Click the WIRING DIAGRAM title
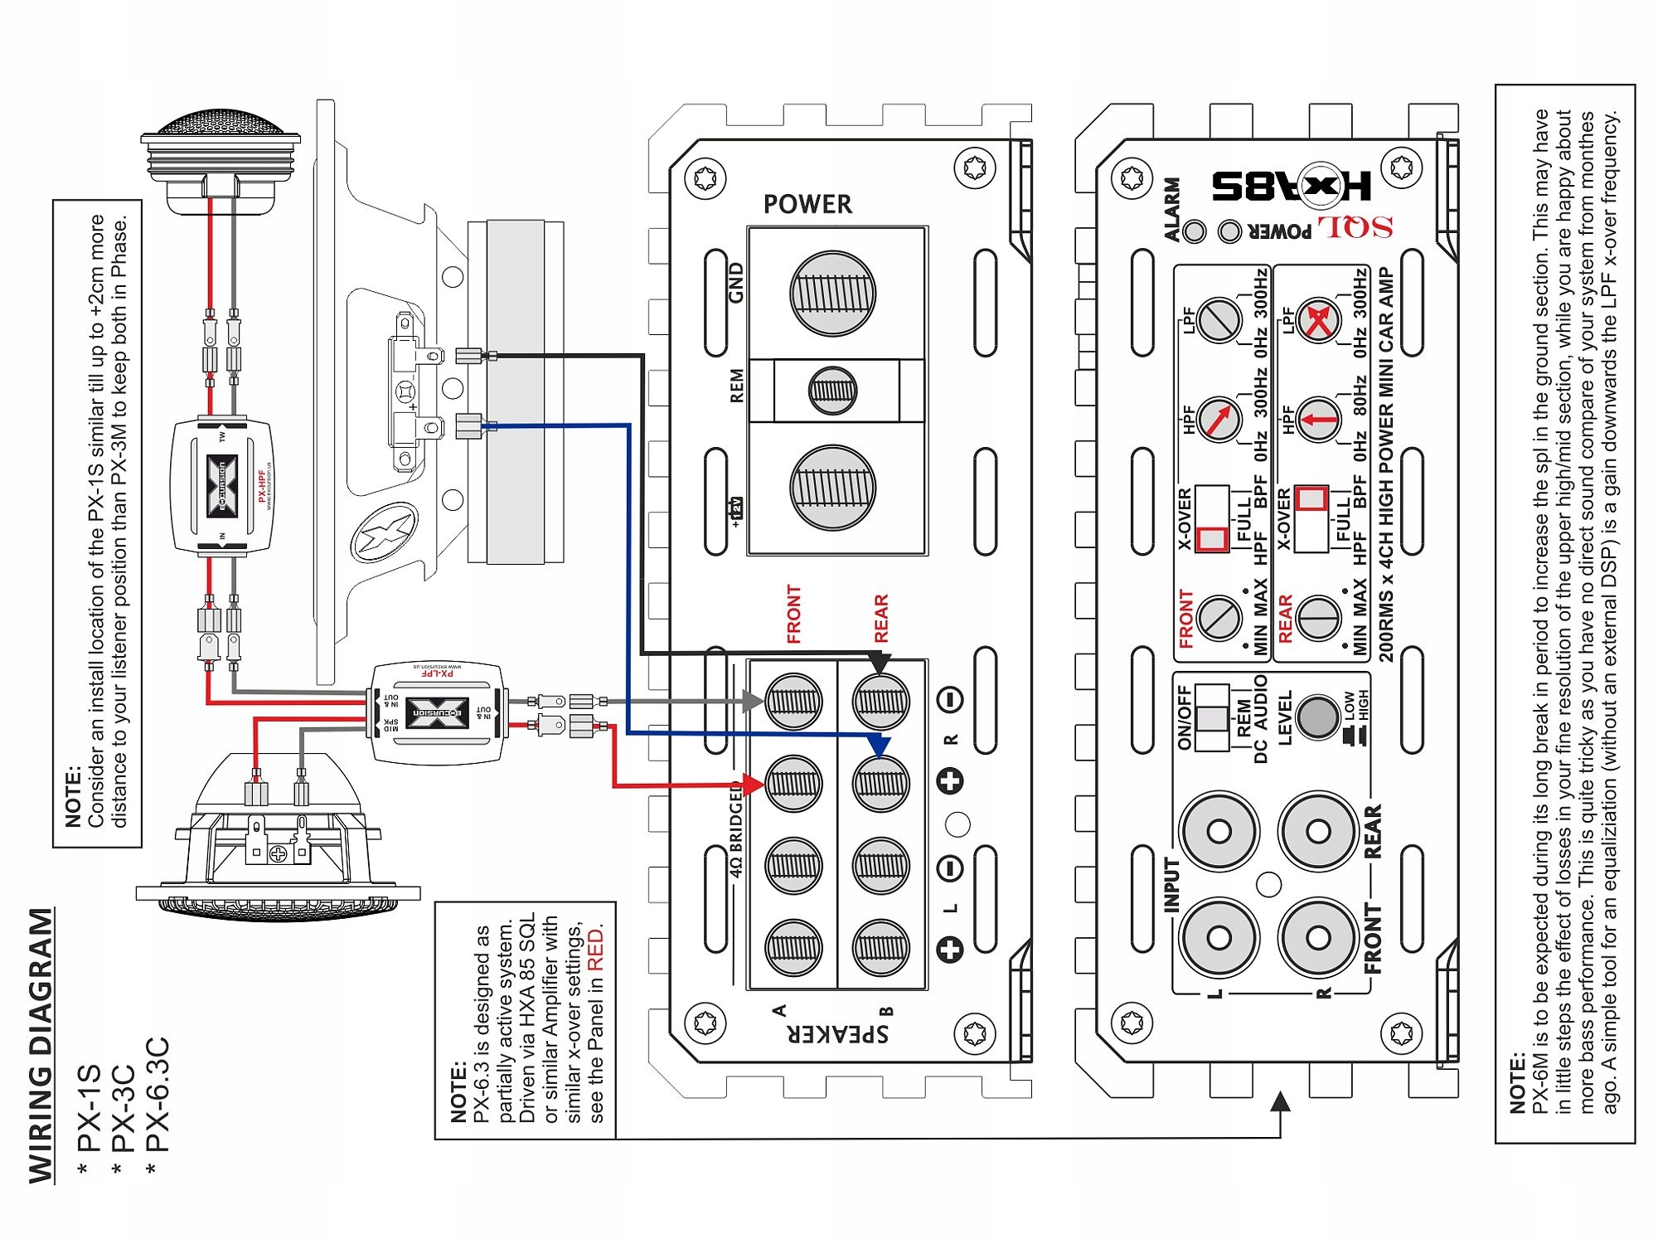point(41,1045)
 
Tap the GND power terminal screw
point(832,294)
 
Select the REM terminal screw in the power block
point(832,390)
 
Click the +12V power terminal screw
point(832,488)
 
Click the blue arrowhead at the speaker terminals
point(880,744)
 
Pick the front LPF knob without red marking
point(1219,319)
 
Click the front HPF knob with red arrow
point(1219,419)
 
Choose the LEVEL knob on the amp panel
point(1318,716)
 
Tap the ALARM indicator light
point(1195,231)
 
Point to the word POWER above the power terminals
point(807,204)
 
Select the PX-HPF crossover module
point(221,485)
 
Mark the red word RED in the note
point(595,950)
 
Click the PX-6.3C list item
point(158,1095)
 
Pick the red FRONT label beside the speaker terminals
point(793,615)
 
